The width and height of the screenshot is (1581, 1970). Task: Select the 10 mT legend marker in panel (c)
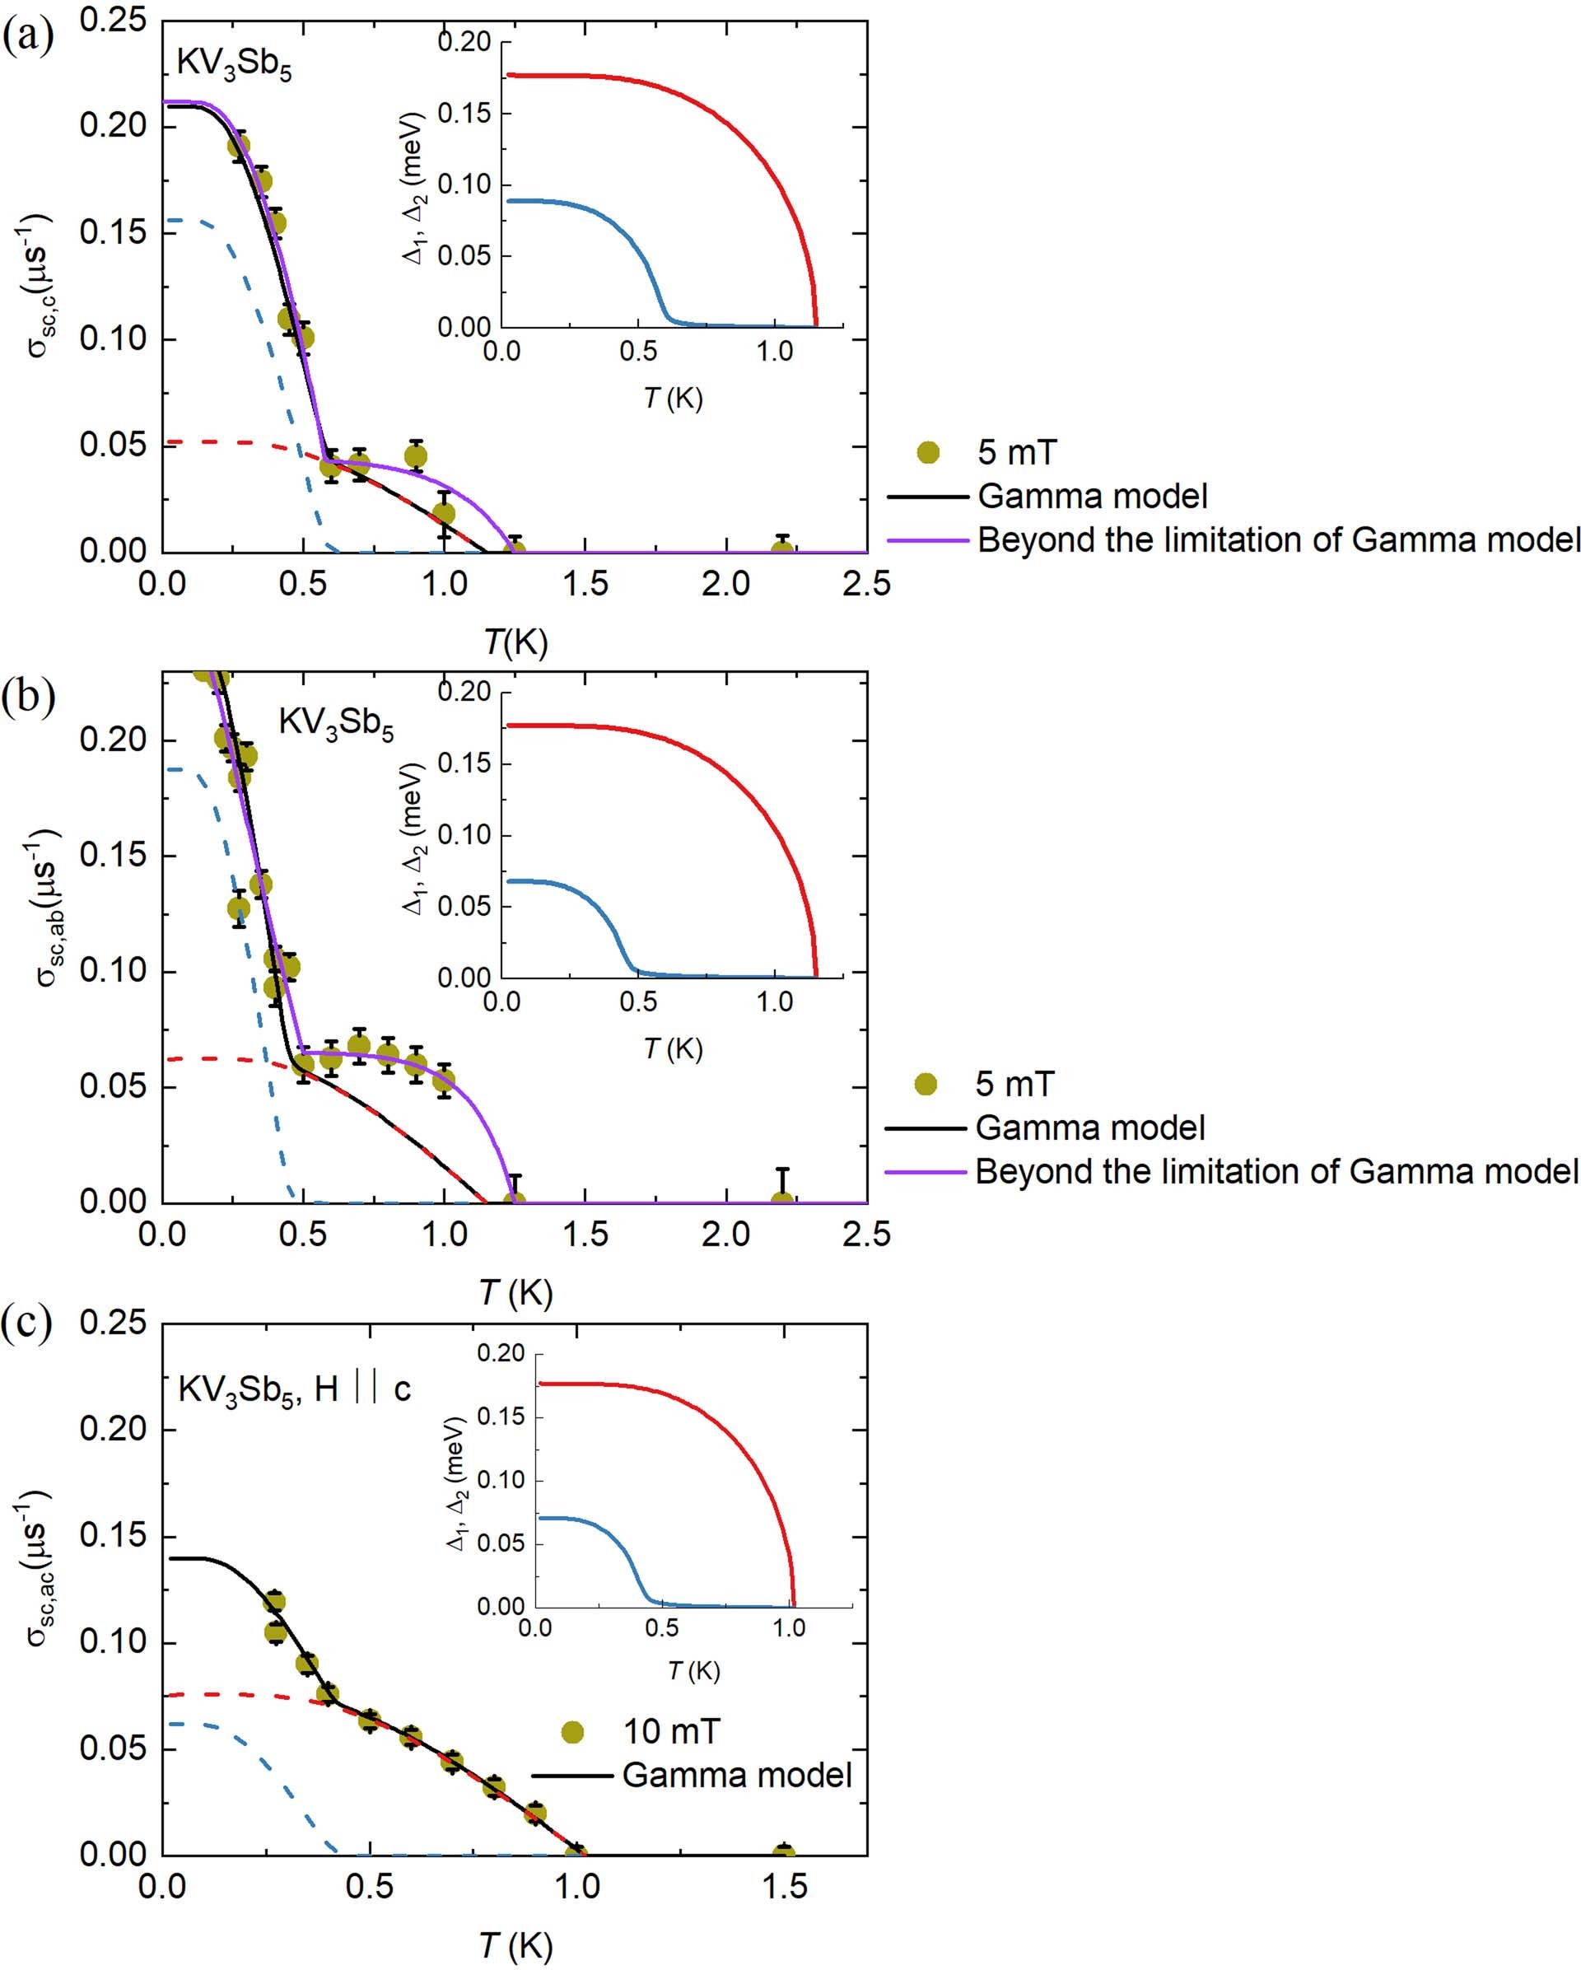pyautogui.click(x=572, y=1730)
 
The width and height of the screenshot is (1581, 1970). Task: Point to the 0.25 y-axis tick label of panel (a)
pyautogui.click(x=114, y=19)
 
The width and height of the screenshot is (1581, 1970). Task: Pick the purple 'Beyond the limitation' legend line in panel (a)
pyautogui.click(x=927, y=541)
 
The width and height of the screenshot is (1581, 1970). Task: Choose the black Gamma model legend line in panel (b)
pyautogui.click(x=926, y=1128)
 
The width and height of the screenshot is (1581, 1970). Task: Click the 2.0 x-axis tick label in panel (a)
pyautogui.click(x=726, y=583)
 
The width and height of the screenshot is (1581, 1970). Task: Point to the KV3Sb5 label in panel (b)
pyautogui.click(x=336, y=724)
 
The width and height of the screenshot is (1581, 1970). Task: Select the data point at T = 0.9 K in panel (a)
pyautogui.click(x=416, y=456)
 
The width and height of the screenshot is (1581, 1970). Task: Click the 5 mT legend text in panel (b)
pyautogui.click(x=1014, y=1084)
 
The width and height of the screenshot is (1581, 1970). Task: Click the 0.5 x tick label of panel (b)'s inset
pyautogui.click(x=637, y=1002)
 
